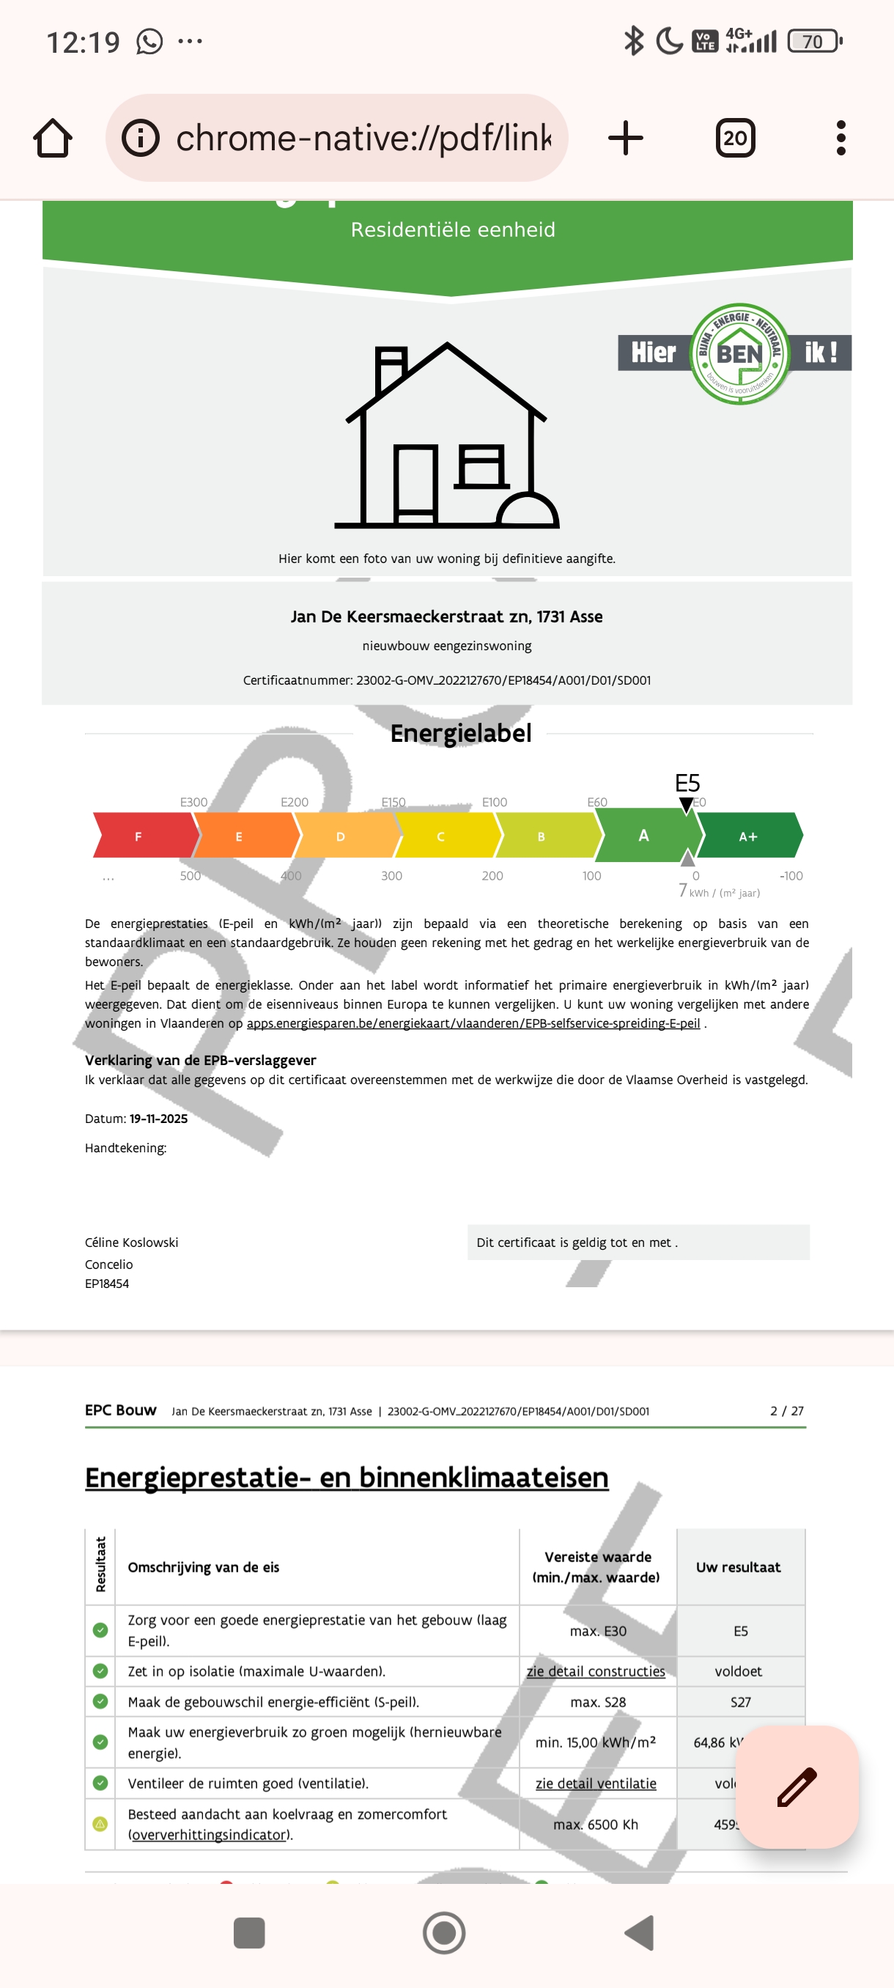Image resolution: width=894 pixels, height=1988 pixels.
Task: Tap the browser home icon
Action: tap(53, 138)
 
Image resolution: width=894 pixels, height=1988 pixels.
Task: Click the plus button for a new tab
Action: tap(625, 138)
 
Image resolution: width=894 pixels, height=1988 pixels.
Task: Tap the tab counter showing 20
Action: tap(734, 138)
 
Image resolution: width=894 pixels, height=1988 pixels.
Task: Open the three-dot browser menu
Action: tap(841, 138)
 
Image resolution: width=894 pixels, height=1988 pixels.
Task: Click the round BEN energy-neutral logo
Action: tap(739, 353)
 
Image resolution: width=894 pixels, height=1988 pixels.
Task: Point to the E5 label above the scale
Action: tap(687, 784)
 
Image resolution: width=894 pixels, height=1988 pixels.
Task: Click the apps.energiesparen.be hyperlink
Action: tap(473, 1023)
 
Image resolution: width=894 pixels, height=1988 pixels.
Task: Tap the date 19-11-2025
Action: tap(158, 1119)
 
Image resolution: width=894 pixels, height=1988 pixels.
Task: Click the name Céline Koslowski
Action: tap(131, 1242)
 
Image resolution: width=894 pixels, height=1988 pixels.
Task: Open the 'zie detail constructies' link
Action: tap(596, 1671)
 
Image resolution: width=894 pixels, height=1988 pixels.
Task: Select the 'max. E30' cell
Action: tap(598, 1631)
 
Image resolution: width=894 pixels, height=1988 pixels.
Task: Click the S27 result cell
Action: tap(739, 1701)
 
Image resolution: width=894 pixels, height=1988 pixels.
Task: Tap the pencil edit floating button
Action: tap(796, 1786)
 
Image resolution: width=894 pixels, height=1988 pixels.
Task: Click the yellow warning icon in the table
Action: tap(100, 1824)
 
